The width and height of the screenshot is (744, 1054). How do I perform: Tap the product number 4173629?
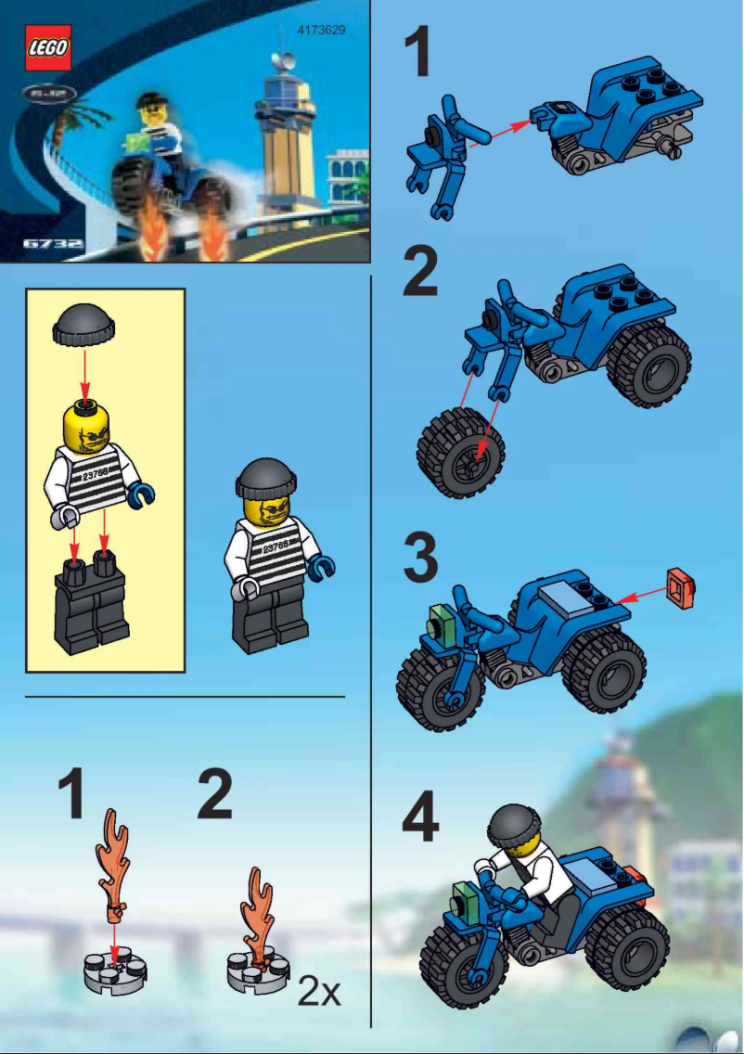coord(321,30)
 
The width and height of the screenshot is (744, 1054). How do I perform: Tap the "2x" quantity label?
coord(319,993)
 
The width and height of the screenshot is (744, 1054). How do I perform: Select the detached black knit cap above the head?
coord(83,328)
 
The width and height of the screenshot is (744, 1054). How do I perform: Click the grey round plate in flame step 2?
coord(256,973)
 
